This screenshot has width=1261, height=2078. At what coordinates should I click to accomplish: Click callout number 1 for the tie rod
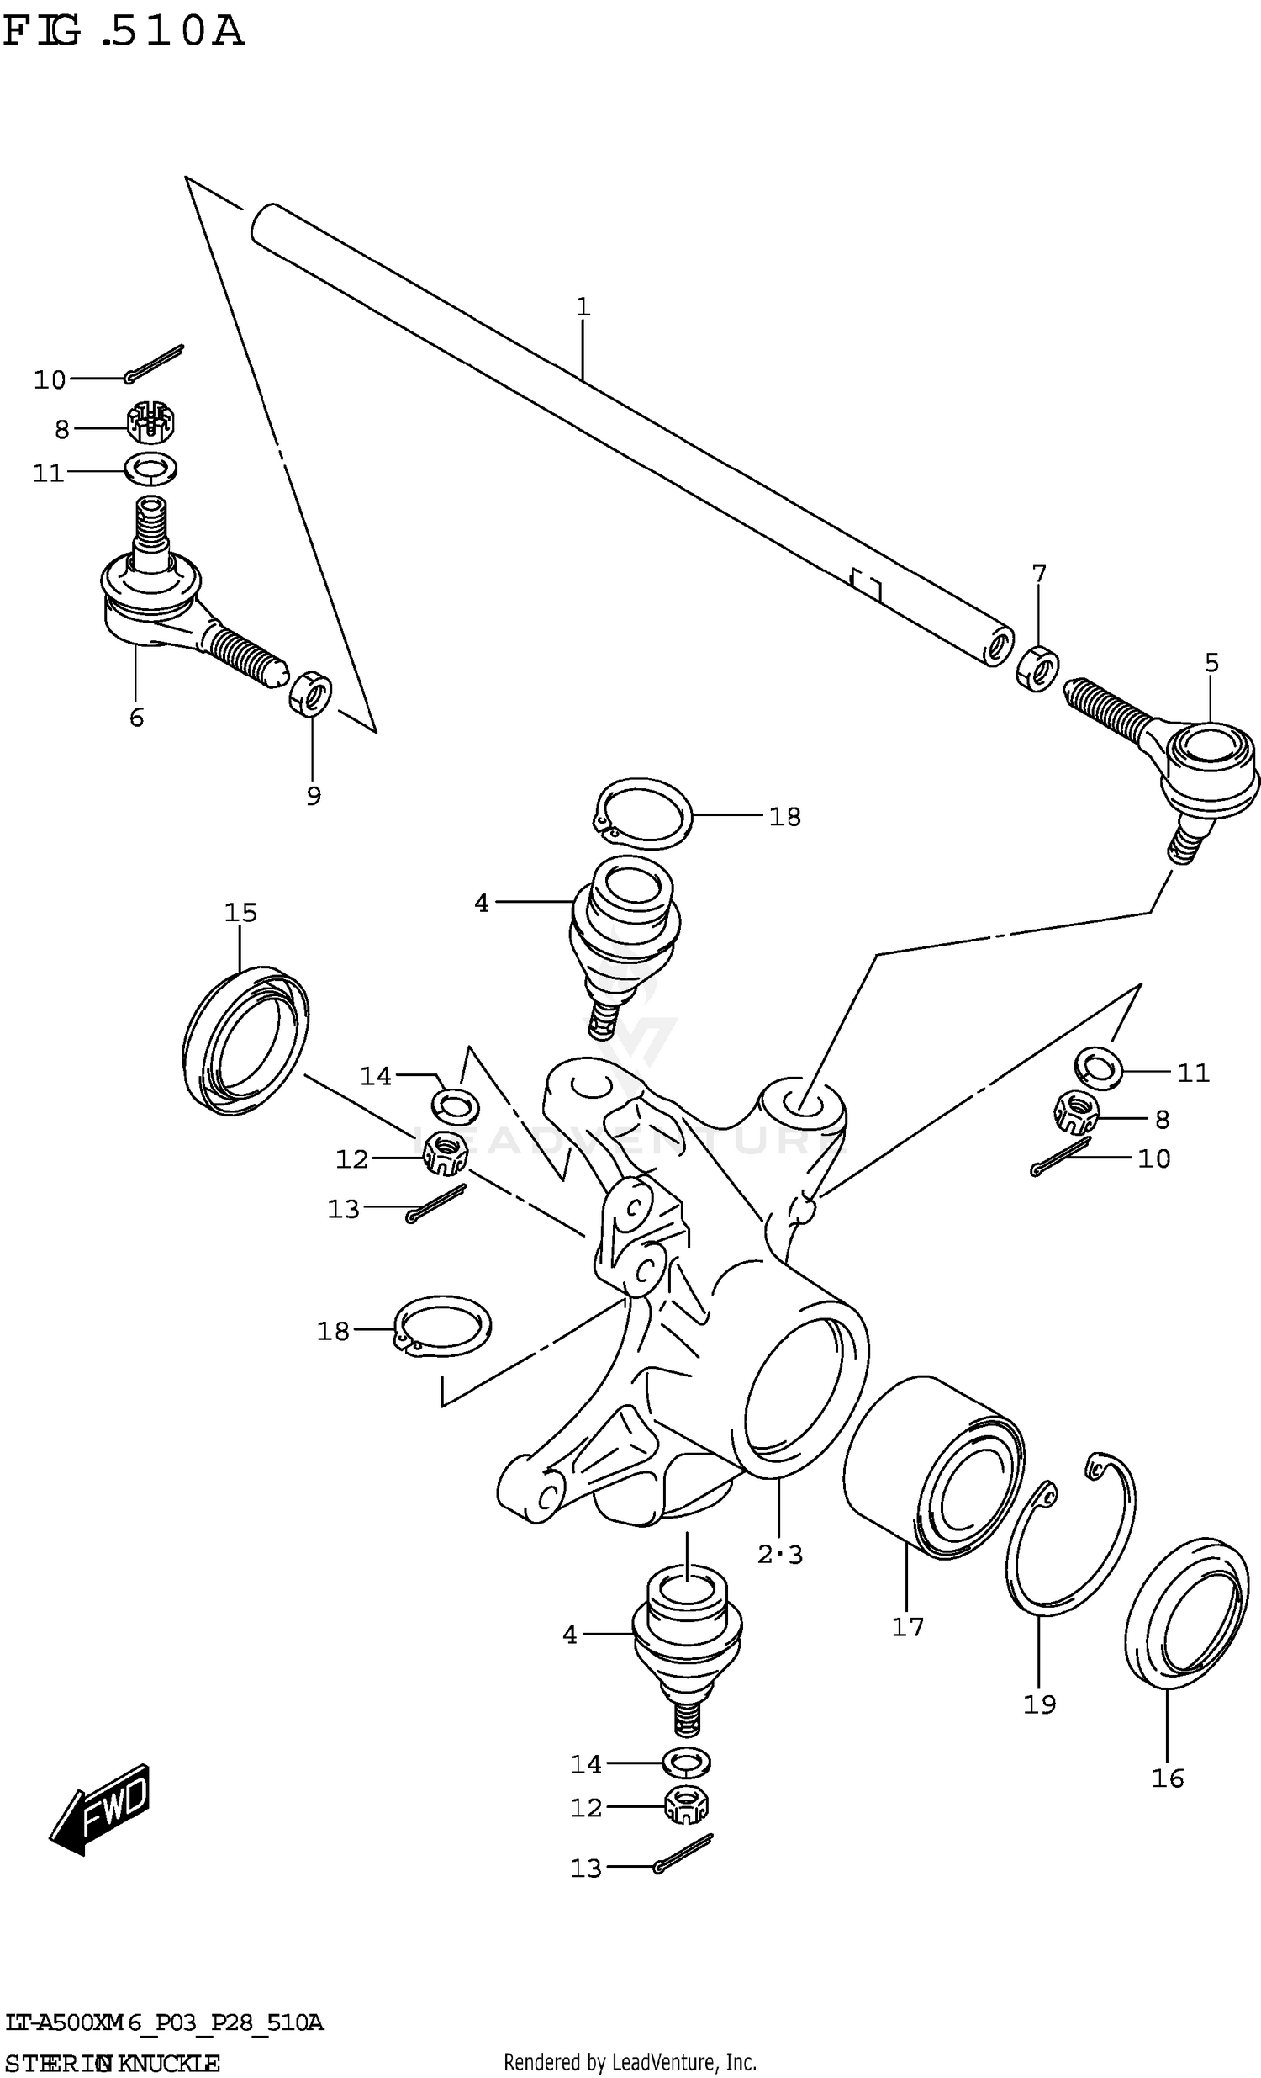point(583,308)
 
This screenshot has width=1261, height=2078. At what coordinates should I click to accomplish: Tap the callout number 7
point(1038,574)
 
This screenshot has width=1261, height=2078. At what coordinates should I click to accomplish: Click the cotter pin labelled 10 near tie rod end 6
point(154,363)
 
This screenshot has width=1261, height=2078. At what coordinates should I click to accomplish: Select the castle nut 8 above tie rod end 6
point(151,422)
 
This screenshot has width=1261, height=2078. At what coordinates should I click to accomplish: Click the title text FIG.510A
point(124,32)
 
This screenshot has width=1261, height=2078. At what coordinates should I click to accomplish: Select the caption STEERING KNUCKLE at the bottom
point(112,2064)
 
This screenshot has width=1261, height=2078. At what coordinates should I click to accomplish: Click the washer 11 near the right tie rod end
point(1097,1068)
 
